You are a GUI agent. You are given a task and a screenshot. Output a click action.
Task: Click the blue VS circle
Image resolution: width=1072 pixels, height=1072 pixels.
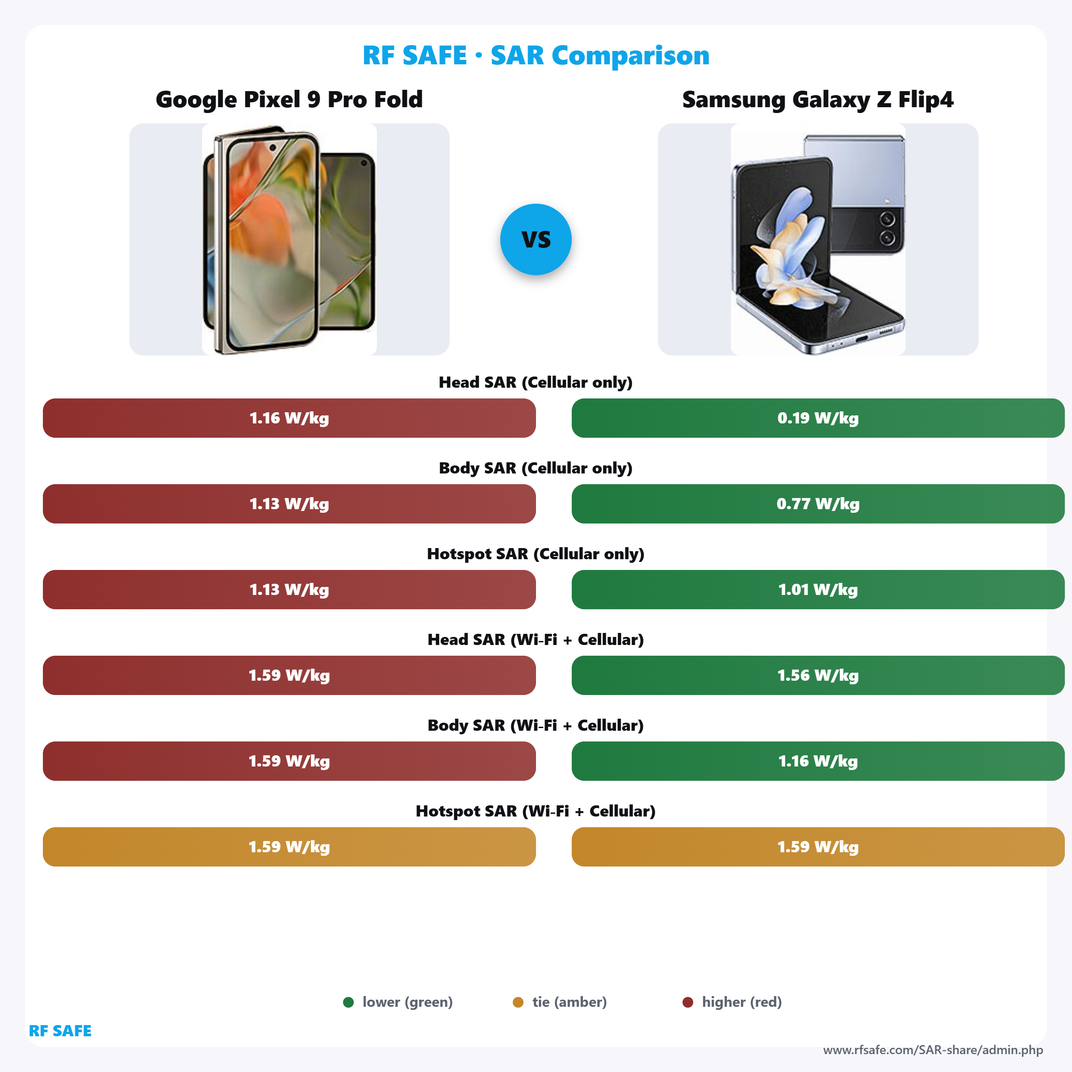536,239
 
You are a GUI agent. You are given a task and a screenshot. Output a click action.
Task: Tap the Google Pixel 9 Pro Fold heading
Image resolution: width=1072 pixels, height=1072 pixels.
289,99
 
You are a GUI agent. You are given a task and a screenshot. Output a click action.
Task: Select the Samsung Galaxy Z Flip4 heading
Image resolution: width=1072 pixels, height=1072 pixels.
817,99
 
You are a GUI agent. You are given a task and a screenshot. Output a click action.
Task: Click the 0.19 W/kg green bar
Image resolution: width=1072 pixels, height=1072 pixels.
817,418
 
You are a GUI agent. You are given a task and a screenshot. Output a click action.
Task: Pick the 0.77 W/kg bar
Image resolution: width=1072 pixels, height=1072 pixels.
817,504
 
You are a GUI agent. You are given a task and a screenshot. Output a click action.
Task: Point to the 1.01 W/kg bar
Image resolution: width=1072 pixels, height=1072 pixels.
817,589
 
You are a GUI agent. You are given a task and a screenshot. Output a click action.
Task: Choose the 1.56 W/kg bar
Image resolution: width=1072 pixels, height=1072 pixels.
817,675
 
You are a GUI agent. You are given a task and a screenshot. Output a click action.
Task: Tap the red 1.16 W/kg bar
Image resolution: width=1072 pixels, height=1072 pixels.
289,418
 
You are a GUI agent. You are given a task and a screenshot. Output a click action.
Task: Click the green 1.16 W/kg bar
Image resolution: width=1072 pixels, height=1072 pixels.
817,761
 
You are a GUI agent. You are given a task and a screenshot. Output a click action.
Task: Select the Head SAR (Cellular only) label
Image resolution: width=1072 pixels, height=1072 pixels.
536,382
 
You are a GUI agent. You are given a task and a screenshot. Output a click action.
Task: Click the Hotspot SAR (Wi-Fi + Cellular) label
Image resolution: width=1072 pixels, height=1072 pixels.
536,811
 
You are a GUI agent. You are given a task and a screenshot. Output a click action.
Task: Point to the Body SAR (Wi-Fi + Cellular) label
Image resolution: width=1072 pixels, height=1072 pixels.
536,725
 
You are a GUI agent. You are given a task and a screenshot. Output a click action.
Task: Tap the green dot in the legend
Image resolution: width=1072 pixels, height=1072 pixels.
348,1002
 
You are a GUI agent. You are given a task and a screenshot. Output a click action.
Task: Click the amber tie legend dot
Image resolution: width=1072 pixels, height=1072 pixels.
518,1002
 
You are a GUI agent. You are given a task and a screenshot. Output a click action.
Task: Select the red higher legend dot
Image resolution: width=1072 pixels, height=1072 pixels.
687,1002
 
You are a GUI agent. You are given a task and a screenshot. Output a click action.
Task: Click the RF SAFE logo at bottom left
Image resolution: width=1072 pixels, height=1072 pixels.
60,1030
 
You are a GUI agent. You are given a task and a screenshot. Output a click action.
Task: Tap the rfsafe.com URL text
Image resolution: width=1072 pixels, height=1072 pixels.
933,1050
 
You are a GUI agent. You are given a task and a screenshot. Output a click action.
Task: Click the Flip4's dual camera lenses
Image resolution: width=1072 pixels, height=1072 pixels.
887,229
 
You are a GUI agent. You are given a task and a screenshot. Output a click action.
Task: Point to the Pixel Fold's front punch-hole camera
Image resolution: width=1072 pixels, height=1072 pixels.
272,148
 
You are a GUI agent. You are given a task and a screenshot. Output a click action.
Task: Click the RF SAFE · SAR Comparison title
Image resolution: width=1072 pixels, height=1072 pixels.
536,55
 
